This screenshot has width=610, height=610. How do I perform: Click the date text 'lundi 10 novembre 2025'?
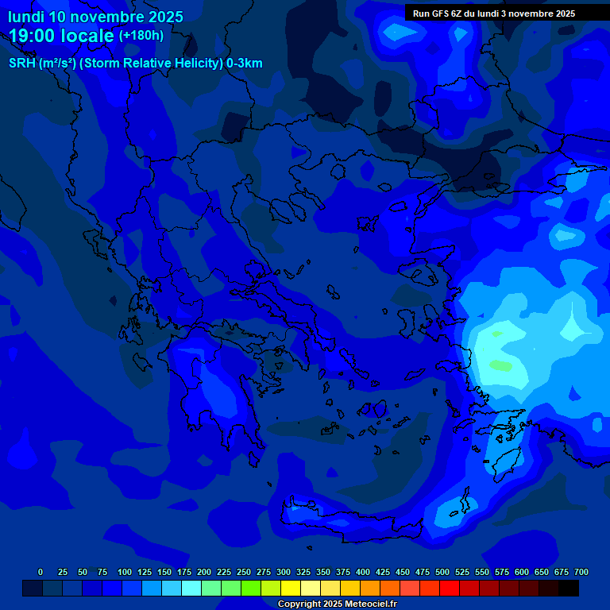95,17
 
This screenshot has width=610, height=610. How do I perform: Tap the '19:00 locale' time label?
62,36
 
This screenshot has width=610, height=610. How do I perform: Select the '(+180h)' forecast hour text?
141,36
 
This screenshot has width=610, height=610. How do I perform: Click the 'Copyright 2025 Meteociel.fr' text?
337,604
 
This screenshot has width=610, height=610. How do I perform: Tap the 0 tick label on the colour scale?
41,572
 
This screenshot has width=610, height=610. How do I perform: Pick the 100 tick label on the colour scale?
125,572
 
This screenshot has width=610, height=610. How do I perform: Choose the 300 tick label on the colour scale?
284,572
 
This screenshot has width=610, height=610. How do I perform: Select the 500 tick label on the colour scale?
442,572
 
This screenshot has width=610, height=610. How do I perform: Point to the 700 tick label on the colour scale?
581,572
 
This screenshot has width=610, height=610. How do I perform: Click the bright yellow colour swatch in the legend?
291,589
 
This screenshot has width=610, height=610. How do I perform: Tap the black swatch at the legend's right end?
569,589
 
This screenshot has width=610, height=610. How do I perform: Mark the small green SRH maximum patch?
501,365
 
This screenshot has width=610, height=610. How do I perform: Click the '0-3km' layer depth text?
245,64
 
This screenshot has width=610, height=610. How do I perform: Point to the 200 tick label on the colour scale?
204,572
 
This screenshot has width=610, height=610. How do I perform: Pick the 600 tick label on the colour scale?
522,572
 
